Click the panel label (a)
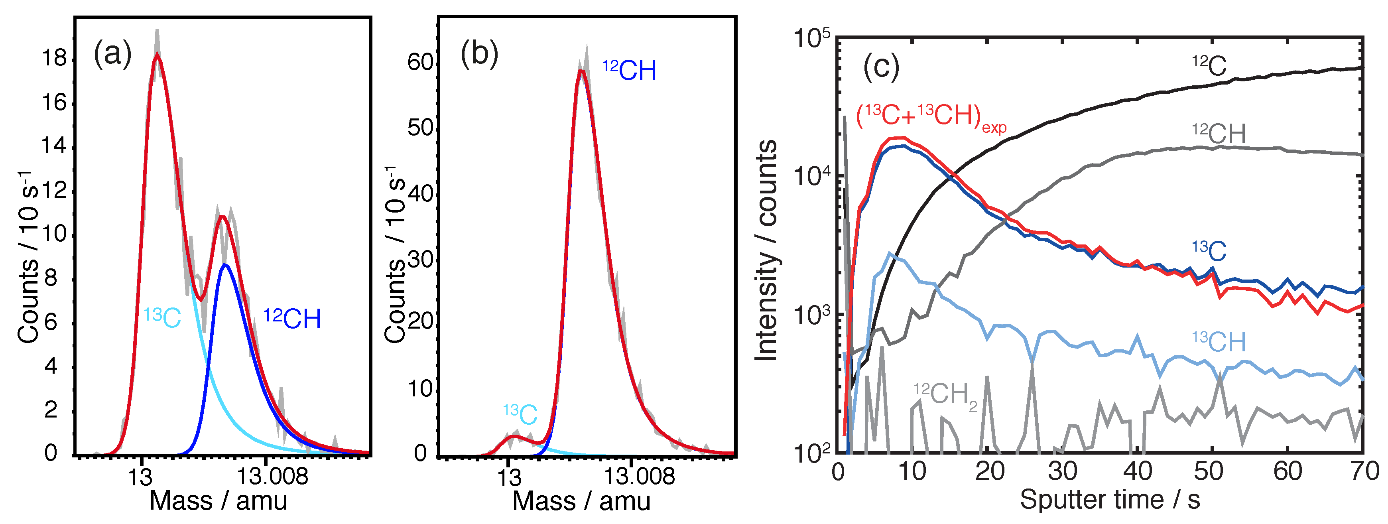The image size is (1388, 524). pyautogui.click(x=112, y=55)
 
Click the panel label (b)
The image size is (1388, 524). pyautogui.click(x=479, y=55)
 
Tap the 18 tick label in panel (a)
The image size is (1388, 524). pyautogui.click(x=54, y=58)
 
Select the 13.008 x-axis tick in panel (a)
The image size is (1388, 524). pyautogui.click(x=273, y=477)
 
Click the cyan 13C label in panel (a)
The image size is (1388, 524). pyautogui.click(x=162, y=317)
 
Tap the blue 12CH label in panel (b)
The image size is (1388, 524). pyautogui.click(x=629, y=71)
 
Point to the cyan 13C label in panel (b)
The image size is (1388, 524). pyautogui.click(x=520, y=414)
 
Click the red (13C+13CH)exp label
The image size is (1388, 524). pyautogui.click(x=931, y=117)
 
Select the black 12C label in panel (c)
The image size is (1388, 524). pyautogui.click(x=1209, y=66)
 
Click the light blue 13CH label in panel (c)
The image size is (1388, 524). pyautogui.click(x=1219, y=341)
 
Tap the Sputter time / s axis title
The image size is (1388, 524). pyautogui.click(x=1110, y=500)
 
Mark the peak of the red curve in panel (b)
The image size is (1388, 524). pyautogui.click(x=581, y=71)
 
